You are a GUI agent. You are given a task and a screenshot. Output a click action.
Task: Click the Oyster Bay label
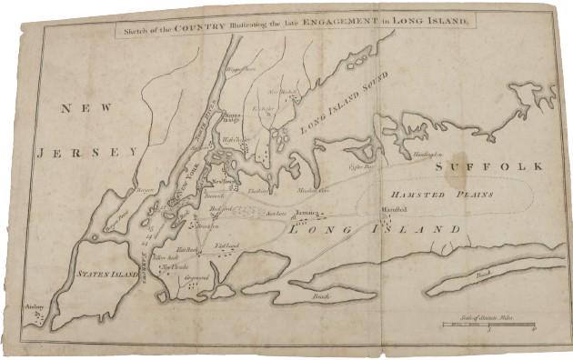coord(361,167)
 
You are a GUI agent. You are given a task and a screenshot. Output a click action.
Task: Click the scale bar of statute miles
coord(488,324)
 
